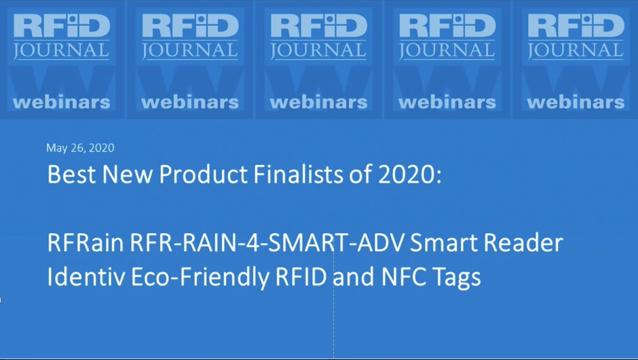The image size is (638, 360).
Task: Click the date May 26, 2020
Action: pyautogui.click(x=80, y=148)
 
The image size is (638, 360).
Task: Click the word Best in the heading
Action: pyautogui.click(x=72, y=175)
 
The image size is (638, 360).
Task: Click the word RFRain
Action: pyautogui.click(x=86, y=242)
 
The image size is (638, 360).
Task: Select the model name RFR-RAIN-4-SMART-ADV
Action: pyautogui.click(x=267, y=242)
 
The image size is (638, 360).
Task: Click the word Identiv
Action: pyautogui.click(x=86, y=277)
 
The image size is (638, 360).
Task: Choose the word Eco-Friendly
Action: pyautogui.click(x=200, y=278)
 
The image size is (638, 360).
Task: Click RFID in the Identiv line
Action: pyautogui.click(x=301, y=277)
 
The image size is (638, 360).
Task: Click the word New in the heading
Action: pyautogui.click(x=128, y=175)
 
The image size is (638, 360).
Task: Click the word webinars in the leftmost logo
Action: pyautogui.click(x=62, y=102)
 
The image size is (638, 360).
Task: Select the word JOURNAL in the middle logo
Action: pyautogui.click(x=318, y=51)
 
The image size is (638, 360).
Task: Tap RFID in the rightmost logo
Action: pyautogui.click(x=576, y=26)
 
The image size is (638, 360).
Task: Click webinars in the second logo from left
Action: pyautogui.click(x=190, y=102)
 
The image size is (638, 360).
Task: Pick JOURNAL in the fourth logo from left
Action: pyautogui.click(x=447, y=51)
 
